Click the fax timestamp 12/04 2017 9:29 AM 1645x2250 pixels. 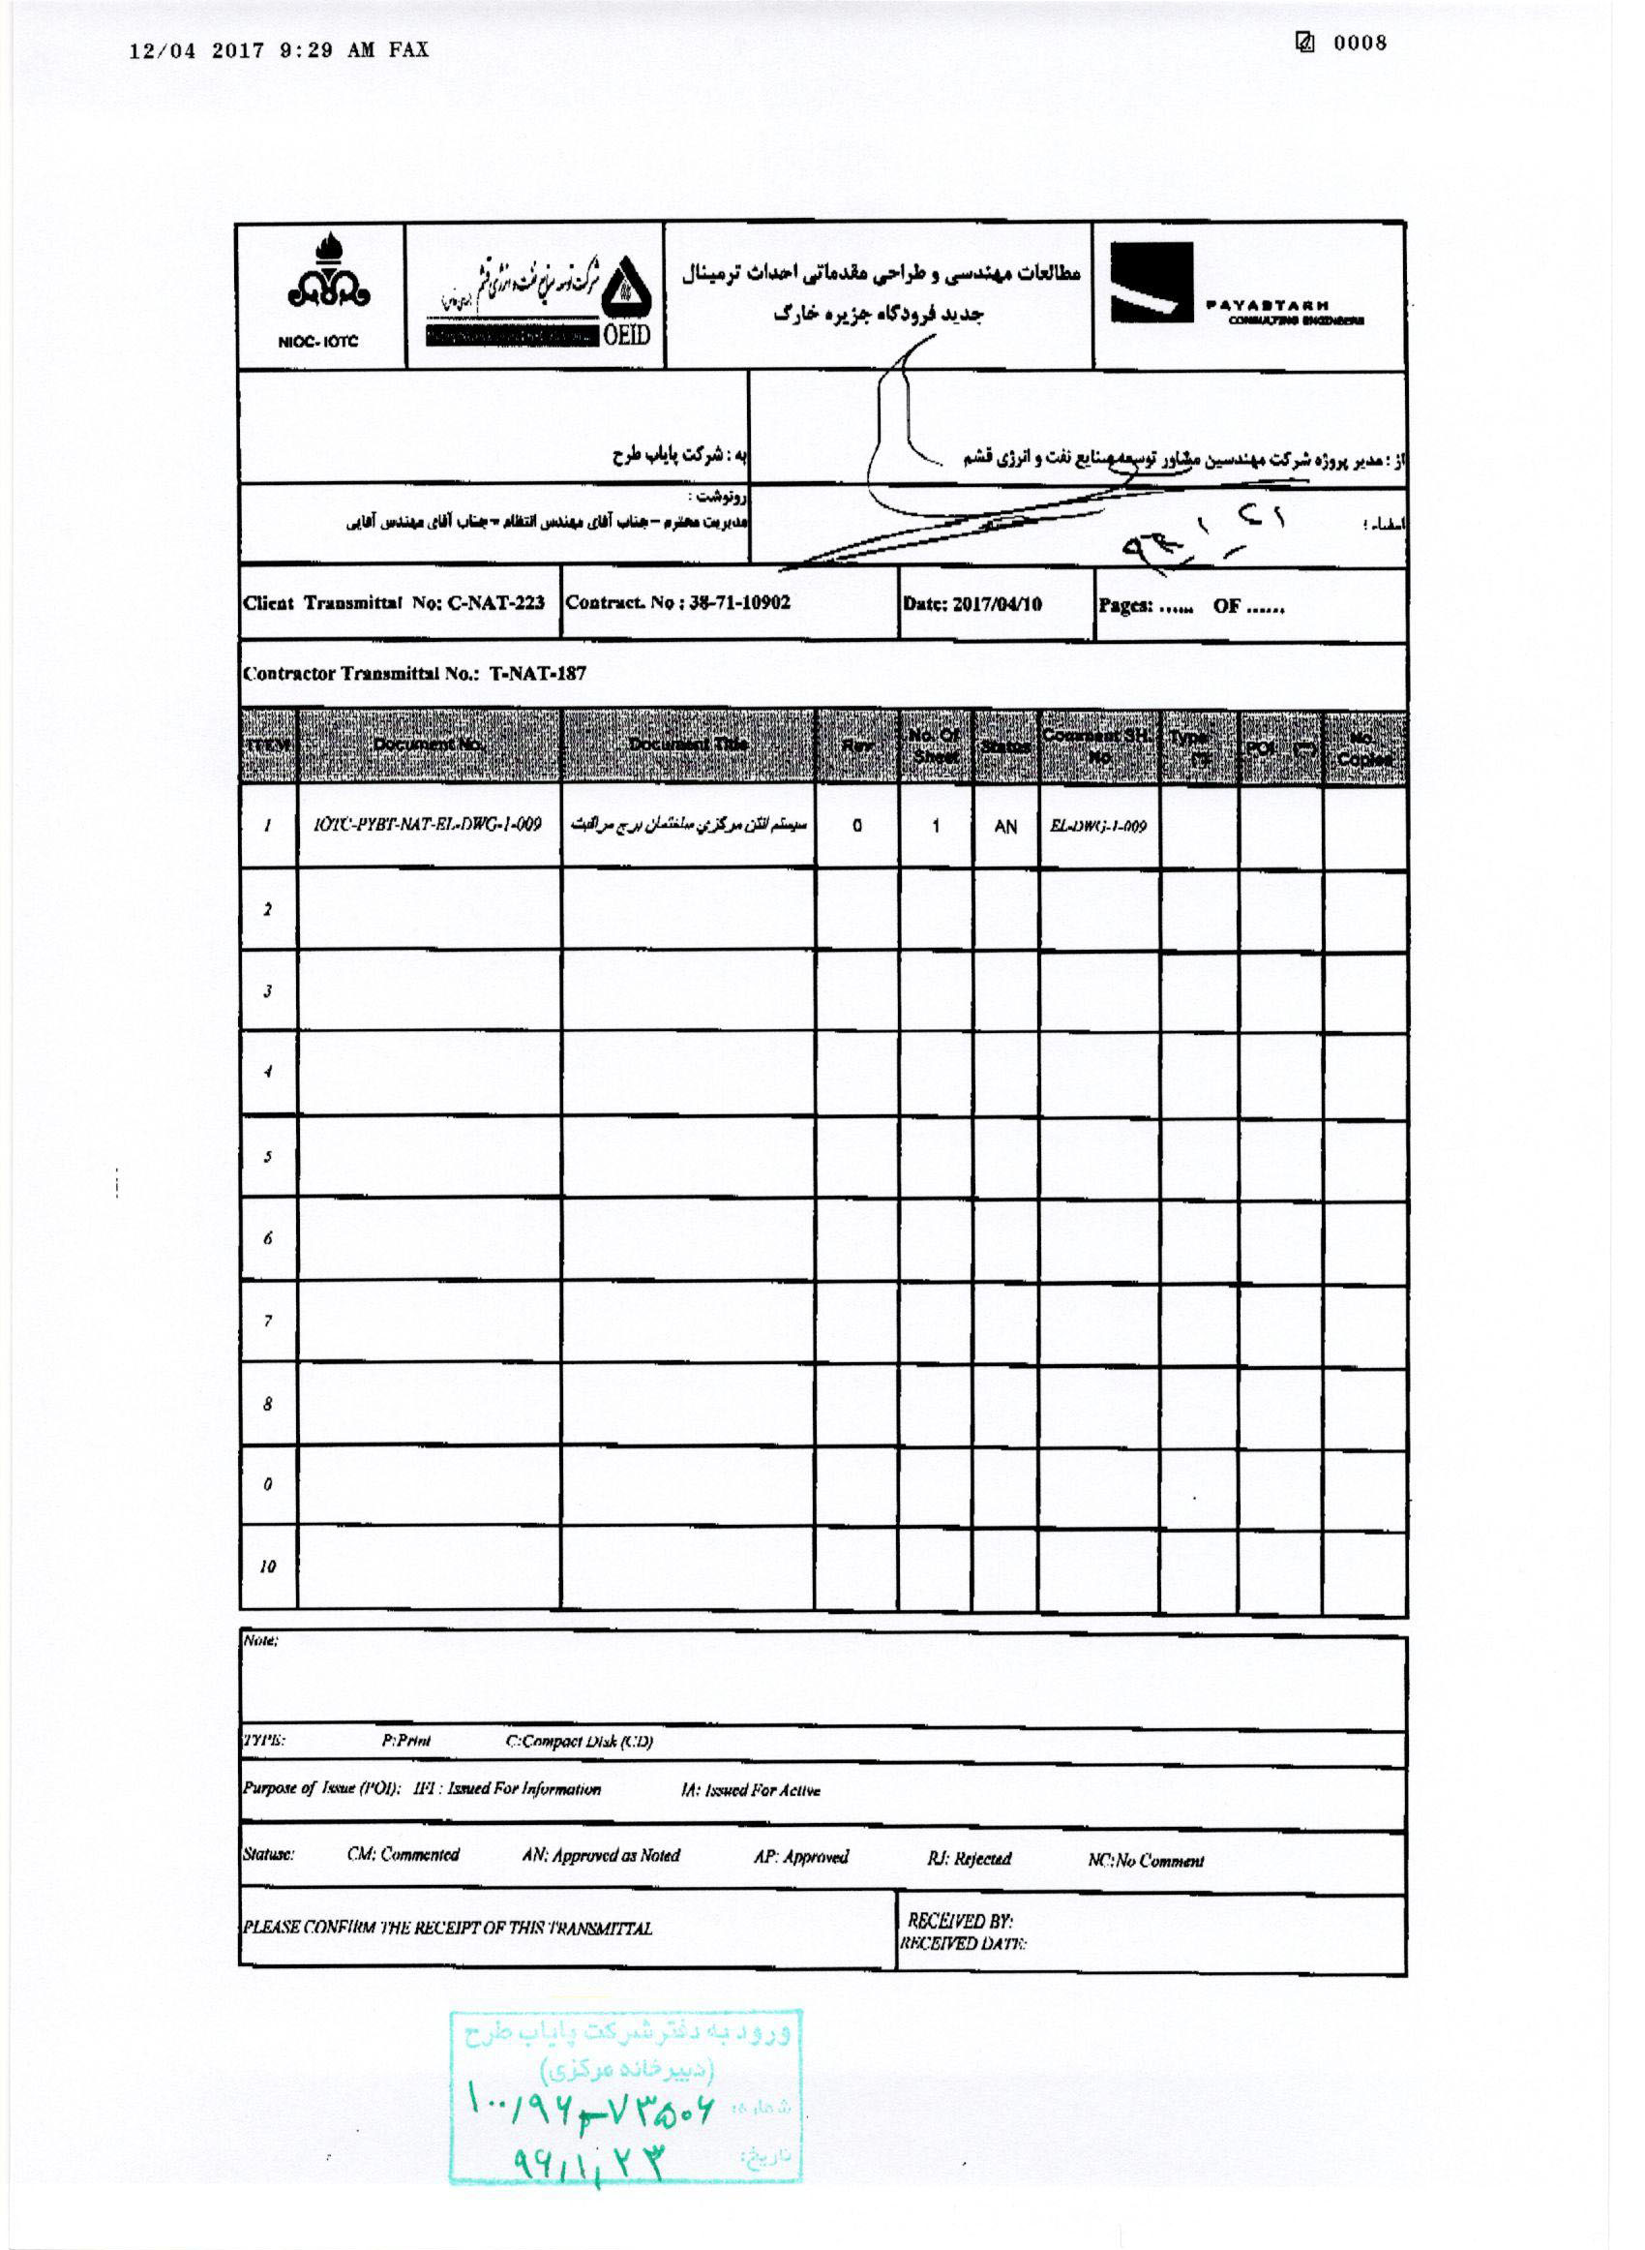tap(279, 50)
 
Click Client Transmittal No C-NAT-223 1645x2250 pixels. tap(395, 603)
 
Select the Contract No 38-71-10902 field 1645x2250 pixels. tap(678, 603)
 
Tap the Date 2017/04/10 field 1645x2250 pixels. tap(972, 604)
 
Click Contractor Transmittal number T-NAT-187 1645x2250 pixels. tap(415, 673)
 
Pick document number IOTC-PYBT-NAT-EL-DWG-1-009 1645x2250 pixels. tap(427, 825)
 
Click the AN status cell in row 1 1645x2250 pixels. tap(1005, 827)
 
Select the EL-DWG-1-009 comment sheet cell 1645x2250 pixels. tap(1097, 827)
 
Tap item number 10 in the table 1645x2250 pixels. tap(268, 1566)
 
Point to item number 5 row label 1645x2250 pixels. tap(268, 1157)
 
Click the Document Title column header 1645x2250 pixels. tap(688, 745)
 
